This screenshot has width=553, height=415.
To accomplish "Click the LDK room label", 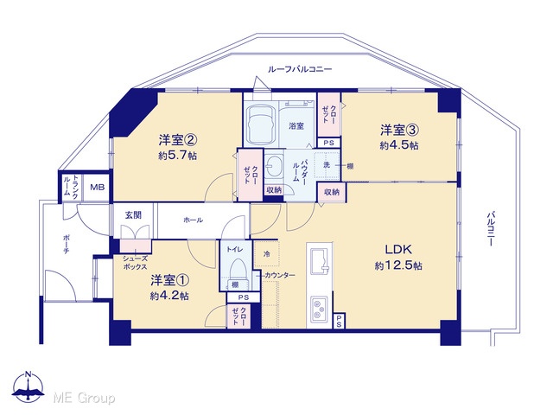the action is coord(398,250).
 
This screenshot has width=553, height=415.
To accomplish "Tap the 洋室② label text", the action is coord(177,140).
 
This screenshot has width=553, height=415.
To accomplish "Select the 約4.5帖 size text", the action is coord(399,145).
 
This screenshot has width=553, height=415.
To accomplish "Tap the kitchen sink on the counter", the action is coord(319,260).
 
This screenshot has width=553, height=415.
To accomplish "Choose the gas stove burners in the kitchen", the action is coord(319,310).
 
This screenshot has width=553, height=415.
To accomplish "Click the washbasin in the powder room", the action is coord(274,165).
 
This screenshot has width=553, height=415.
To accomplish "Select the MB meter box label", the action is coord(97,187).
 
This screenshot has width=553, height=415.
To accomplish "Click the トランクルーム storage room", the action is coord(71,187).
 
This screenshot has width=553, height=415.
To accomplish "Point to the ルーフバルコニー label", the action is coord(300,69).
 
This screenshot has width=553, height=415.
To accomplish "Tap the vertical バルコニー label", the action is coord(490,228).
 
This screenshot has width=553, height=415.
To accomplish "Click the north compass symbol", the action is coord(29,386).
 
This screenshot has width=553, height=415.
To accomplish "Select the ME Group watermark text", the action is coord(84,399).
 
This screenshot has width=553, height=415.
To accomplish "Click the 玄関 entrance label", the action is coord(133,215).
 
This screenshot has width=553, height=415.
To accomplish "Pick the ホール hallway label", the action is coord(193,220).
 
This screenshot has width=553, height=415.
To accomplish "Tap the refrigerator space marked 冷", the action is coord(267,253).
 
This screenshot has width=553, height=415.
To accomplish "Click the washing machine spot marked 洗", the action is coord(327,165).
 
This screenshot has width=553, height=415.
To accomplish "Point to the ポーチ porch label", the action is coord(67,245).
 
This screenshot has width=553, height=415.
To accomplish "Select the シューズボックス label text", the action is coord(135,263).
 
